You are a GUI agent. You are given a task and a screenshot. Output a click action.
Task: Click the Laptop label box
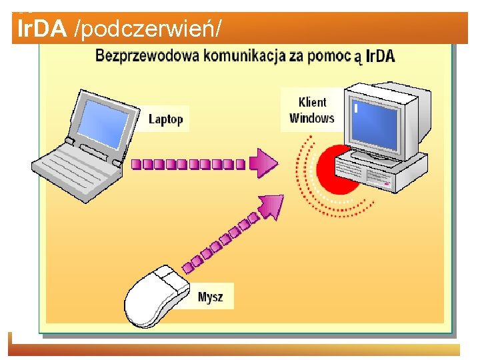(165, 119)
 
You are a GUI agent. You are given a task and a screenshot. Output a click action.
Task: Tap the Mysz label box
(211, 297)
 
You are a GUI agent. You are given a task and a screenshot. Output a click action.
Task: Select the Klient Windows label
(312, 110)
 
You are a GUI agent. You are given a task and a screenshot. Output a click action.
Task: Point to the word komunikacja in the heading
(243, 55)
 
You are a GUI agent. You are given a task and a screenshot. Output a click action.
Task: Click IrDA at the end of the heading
(381, 56)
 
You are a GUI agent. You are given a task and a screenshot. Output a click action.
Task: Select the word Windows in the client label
(312, 118)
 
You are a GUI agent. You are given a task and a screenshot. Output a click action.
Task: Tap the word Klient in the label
(312, 102)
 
